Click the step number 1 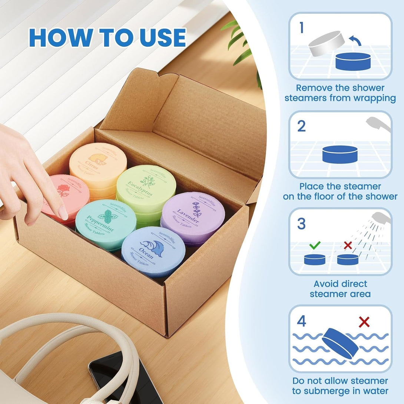point(301,28)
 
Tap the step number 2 point(301,126)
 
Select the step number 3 point(301,224)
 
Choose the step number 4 point(301,321)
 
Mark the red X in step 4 point(364,322)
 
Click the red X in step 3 point(348,245)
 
